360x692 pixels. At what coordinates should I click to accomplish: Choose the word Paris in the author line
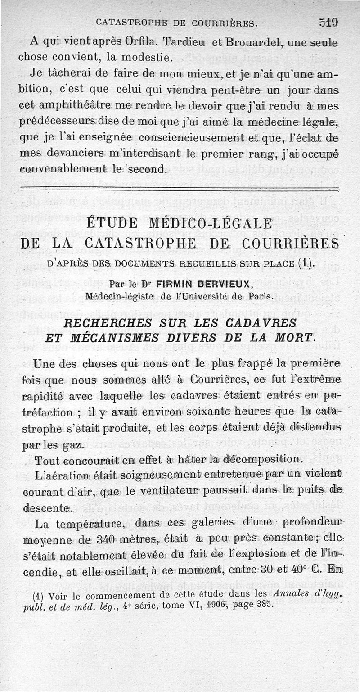260,296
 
